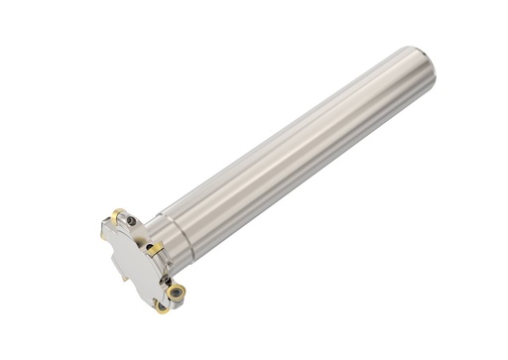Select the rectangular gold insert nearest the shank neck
point(156,248)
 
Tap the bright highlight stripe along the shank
point(298,129)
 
